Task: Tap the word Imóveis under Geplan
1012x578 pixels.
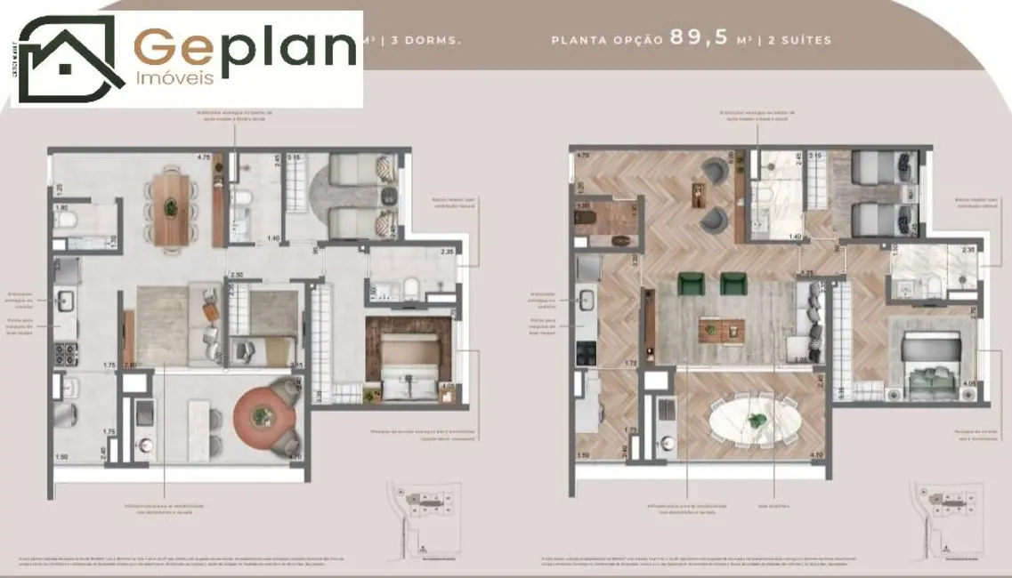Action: (x=174, y=78)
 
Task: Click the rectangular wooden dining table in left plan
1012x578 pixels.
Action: (x=167, y=208)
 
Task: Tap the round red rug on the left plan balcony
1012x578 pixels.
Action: (x=263, y=415)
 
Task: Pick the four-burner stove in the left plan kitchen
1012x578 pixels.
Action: (x=66, y=352)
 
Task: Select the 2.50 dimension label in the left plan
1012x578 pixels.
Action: (x=237, y=276)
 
